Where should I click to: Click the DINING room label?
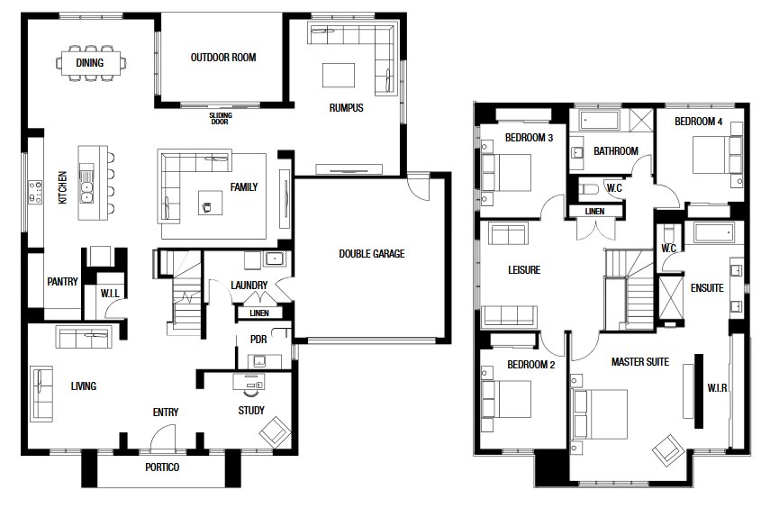(x=90, y=63)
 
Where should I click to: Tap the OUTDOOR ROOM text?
(x=223, y=58)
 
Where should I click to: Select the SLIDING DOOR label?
(x=221, y=118)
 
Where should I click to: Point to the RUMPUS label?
(x=346, y=108)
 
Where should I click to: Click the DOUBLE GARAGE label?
(x=372, y=254)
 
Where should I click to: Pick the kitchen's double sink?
(x=87, y=185)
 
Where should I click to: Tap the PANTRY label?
(x=62, y=282)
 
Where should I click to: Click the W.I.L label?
(x=110, y=294)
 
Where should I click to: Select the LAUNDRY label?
(x=249, y=286)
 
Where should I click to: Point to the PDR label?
(x=258, y=340)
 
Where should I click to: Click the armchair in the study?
(x=275, y=433)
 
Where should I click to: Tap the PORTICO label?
(x=162, y=467)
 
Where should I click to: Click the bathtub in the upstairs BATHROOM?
(x=600, y=121)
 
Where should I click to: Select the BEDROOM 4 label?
(x=698, y=122)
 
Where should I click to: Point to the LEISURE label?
(x=524, y=269)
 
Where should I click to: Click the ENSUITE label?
(x=707, y=288)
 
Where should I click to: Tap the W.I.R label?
(x=717, y=388)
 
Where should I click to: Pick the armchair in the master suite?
(x=668, y=450)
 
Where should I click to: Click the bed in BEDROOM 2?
(x=506, y=399)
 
